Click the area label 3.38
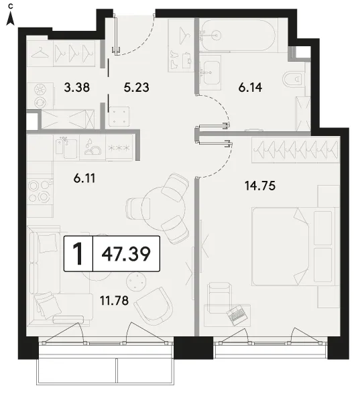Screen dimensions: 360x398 76,87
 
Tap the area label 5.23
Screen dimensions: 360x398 136,87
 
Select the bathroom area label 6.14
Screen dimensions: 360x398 250,88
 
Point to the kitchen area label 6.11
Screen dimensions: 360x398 84,178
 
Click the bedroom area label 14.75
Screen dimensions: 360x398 260,186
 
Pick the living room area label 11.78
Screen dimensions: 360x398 114,301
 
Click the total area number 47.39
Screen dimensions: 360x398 126,254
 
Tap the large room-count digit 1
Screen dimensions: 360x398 78,254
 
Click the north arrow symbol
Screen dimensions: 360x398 10,17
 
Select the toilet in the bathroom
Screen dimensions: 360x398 293,79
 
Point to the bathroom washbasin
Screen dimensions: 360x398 210,72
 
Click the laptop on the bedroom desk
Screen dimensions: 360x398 237,315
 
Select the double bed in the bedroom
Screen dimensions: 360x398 293,246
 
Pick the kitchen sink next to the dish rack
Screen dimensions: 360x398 66,147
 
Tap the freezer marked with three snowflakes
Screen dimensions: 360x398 119,147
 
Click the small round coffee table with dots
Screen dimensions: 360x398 137,281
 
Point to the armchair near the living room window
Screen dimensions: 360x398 154,306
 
